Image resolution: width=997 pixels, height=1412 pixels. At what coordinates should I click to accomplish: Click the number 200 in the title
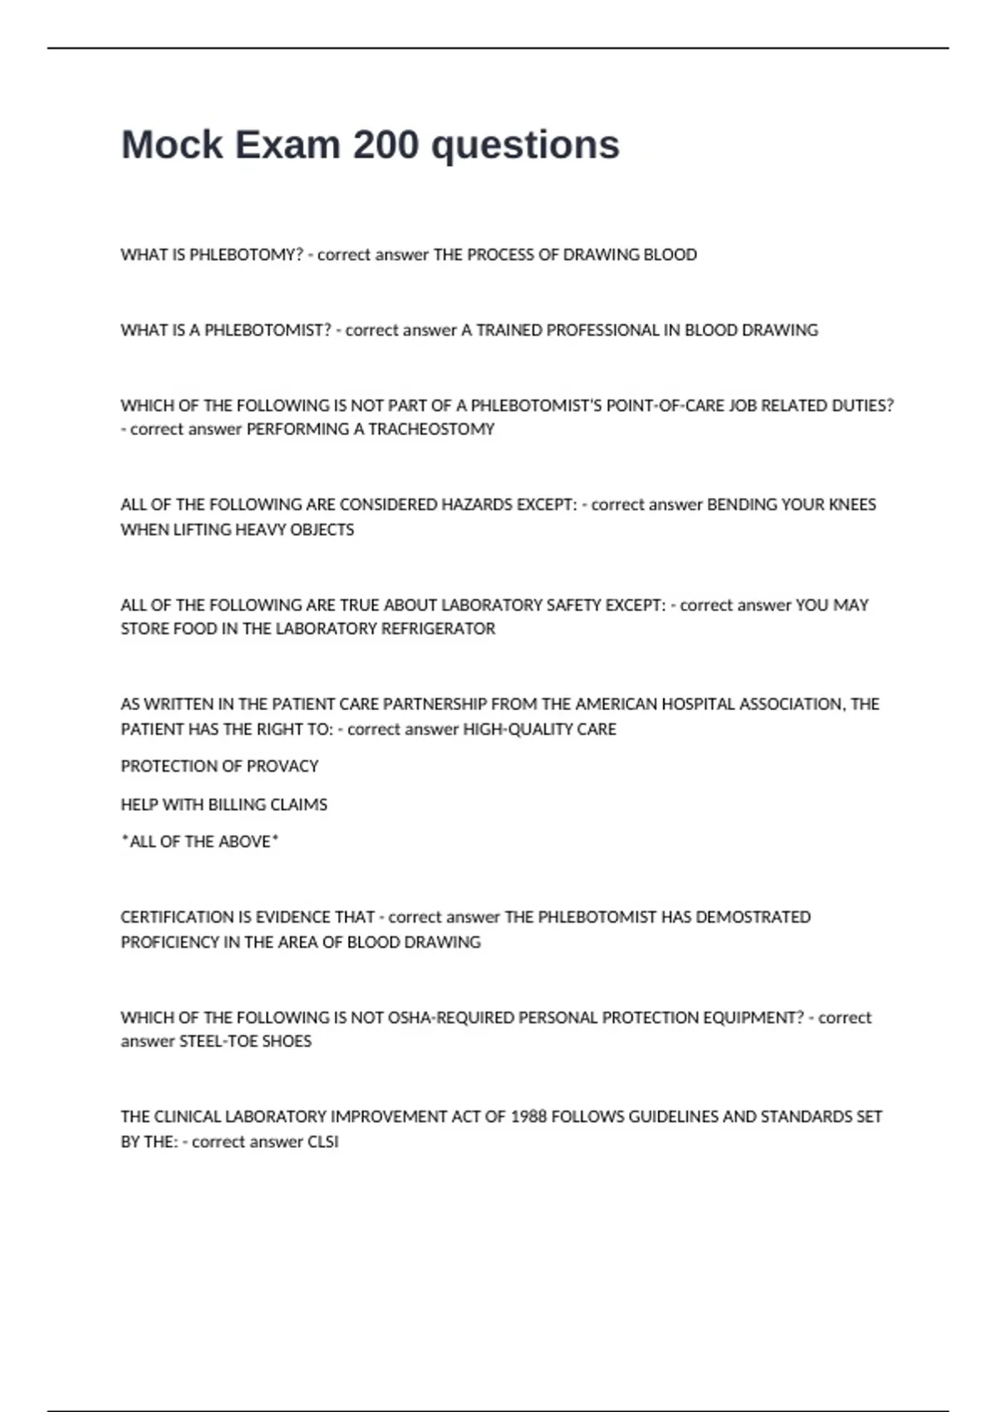pos(386,145)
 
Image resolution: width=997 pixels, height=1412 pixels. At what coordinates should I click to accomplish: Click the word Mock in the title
pos(172,145)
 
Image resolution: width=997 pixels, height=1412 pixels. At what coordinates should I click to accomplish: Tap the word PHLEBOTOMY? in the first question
pos(246,255)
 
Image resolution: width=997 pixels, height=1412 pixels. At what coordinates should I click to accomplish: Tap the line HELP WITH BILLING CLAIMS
pos(223,804)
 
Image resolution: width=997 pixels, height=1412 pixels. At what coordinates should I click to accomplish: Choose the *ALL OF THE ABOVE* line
pos(199,841)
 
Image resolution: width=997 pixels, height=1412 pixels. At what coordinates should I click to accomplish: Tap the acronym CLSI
pos(323,1142)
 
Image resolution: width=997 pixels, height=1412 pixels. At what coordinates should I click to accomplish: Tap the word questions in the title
pos(525,145)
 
